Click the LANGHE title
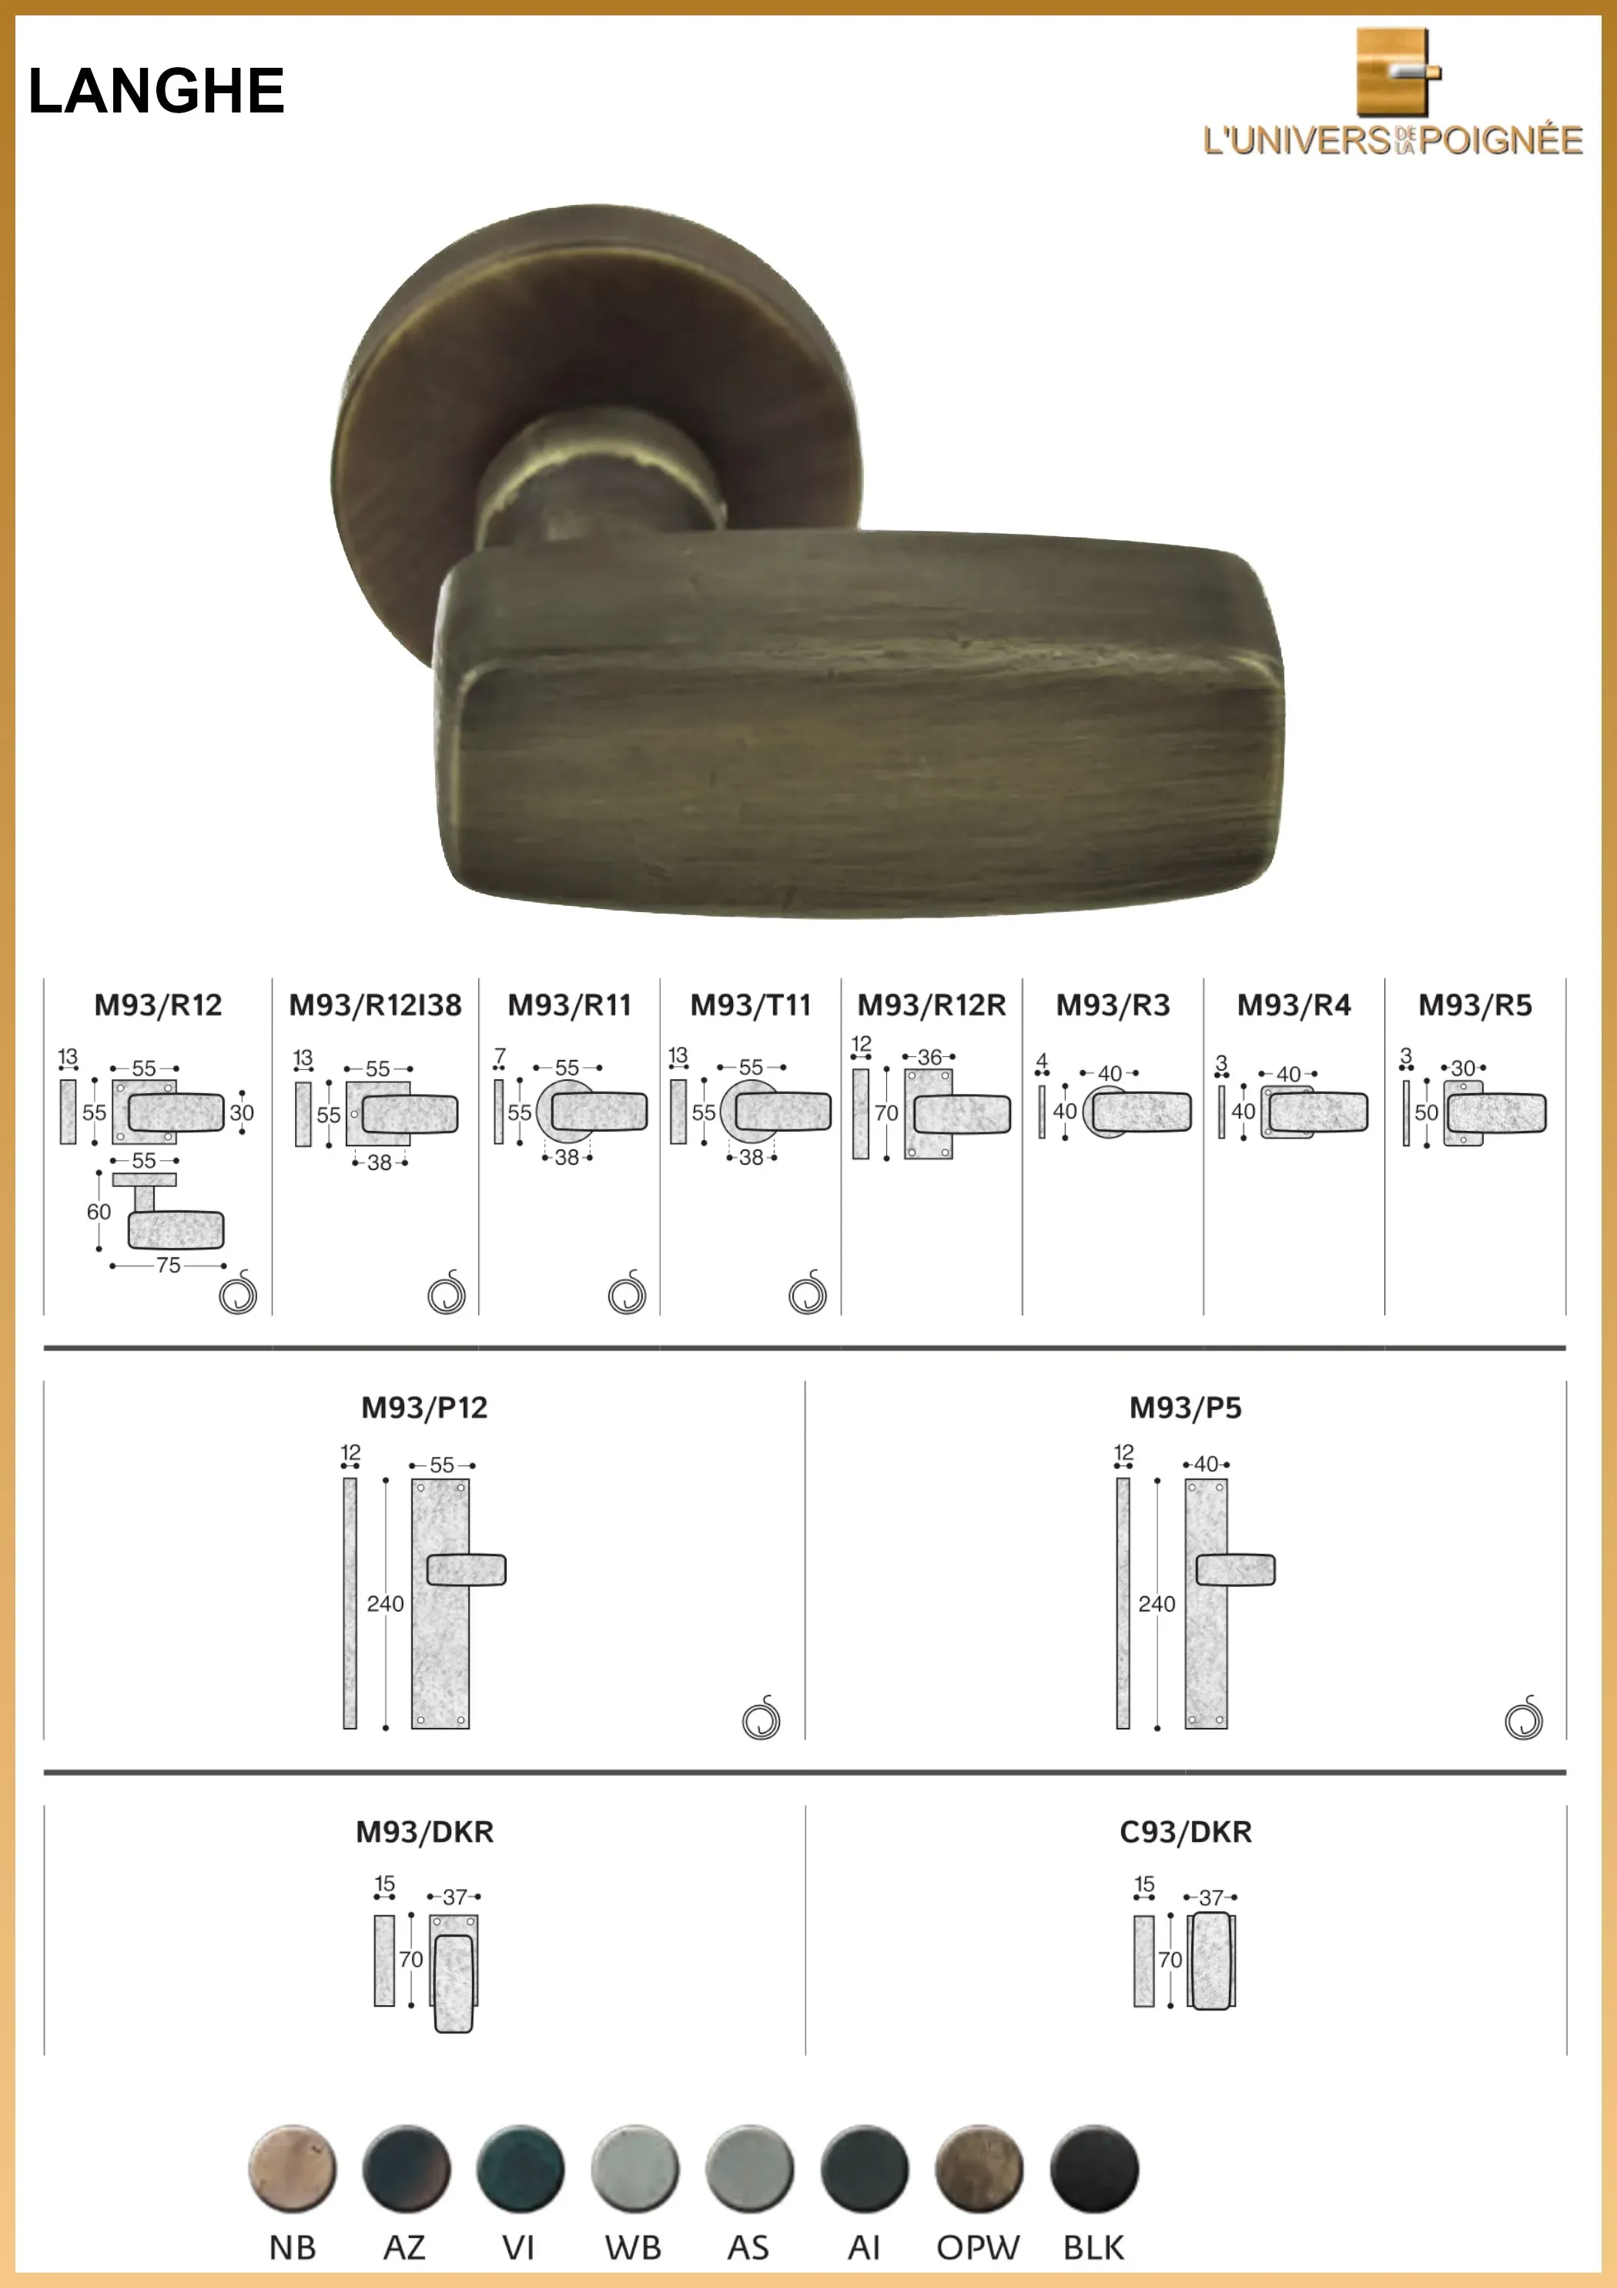156,91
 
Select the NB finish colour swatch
292,2169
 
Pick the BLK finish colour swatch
1094,2169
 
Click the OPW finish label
977,2248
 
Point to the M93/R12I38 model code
376,1005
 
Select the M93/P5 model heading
1186,1408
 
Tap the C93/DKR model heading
1186,1832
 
